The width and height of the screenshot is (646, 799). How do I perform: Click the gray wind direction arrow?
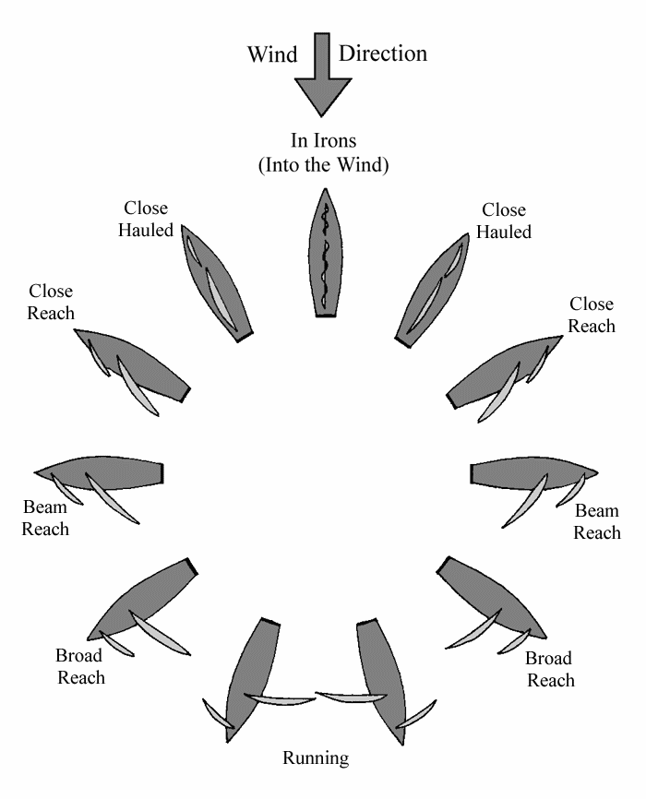point(322,78)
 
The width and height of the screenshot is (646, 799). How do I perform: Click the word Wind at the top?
point(272,54)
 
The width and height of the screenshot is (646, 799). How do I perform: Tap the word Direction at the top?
point(383,54)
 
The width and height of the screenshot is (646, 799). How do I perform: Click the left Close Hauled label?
point(146,219)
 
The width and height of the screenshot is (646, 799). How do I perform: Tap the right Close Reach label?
point(592,315)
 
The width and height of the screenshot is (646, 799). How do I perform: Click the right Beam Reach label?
point(597,521)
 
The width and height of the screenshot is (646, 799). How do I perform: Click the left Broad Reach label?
point(81,666)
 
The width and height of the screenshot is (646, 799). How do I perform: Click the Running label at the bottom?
point(317,759)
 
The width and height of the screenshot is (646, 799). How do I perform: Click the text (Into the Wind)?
point(323,165)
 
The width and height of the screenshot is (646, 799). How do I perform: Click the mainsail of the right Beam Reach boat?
point(526,498)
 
